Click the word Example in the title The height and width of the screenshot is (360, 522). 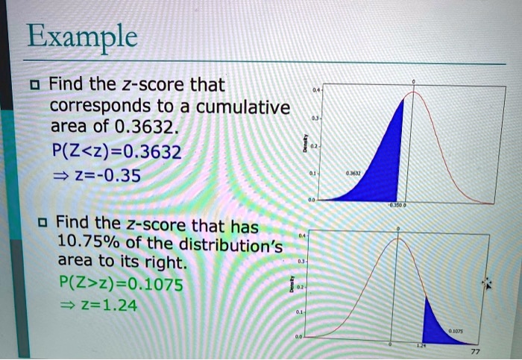click(x=81, y=37)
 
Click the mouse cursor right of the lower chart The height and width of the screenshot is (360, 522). click(x=489, y=283)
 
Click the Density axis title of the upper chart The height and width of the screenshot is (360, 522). click(x=303, y=146)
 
